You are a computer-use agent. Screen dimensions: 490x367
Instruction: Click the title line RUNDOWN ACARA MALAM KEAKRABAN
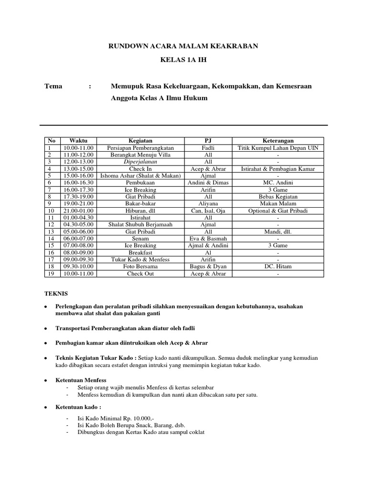183,46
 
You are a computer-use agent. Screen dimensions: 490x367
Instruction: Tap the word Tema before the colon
53,86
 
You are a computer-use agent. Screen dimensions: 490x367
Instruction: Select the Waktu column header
78,141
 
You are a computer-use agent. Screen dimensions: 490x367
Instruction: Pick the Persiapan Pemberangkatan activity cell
140,148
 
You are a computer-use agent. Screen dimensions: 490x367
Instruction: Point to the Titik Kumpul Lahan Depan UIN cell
278,148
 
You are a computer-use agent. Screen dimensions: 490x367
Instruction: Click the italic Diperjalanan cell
140,162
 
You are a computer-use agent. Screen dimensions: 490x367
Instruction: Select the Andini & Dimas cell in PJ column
208,183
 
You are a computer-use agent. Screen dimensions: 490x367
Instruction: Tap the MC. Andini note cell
278,183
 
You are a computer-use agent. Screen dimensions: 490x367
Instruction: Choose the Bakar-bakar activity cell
140,204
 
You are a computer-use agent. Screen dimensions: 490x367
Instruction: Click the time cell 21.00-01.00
78,211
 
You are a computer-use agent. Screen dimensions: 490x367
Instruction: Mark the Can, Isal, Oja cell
208,211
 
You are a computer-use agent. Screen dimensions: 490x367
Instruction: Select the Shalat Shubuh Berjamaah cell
140,225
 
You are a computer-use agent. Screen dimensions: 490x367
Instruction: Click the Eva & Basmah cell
208,239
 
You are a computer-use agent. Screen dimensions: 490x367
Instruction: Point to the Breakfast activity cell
140,253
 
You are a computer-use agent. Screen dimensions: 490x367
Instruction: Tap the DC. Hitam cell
278,267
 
